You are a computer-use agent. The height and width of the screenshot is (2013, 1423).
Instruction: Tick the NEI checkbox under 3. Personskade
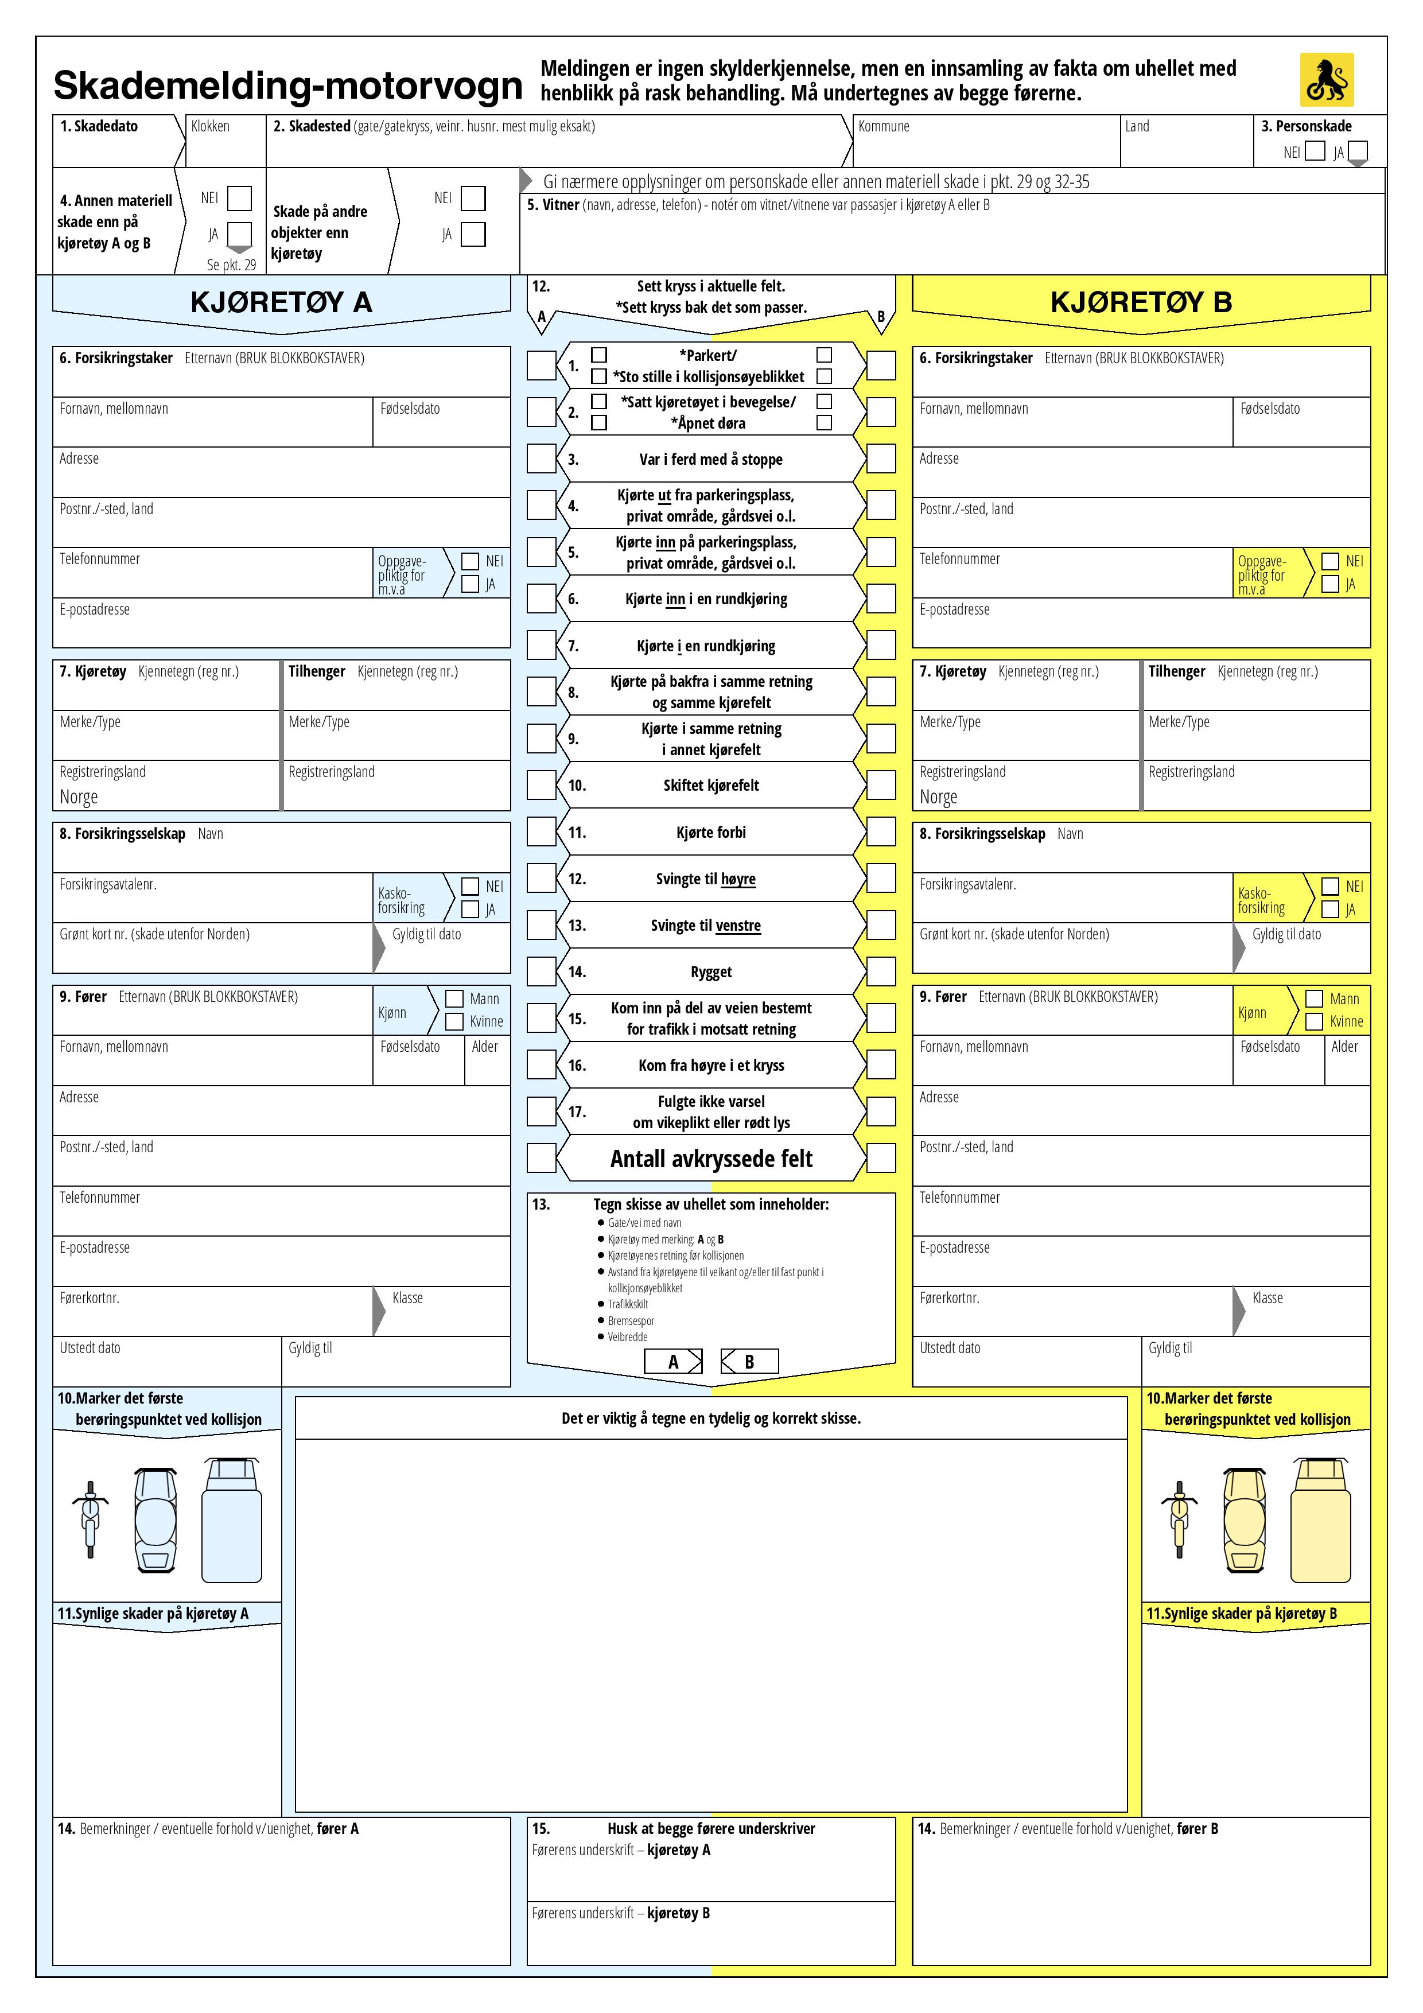(1315, 151)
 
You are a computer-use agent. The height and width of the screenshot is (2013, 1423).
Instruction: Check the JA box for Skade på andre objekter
(473, 234)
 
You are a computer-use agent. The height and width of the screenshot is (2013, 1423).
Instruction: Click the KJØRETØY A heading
(281, 302)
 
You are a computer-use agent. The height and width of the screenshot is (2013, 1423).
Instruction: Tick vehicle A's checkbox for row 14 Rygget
(541, 970)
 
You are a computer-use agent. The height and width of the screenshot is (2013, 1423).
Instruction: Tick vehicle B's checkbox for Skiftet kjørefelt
(881, 784)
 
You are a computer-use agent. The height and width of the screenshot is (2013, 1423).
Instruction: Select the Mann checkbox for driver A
(454, 998)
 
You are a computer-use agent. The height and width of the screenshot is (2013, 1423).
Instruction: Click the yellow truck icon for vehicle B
(1320, 1520)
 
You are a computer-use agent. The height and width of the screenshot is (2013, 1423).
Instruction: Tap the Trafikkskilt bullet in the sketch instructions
(628, 1304)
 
